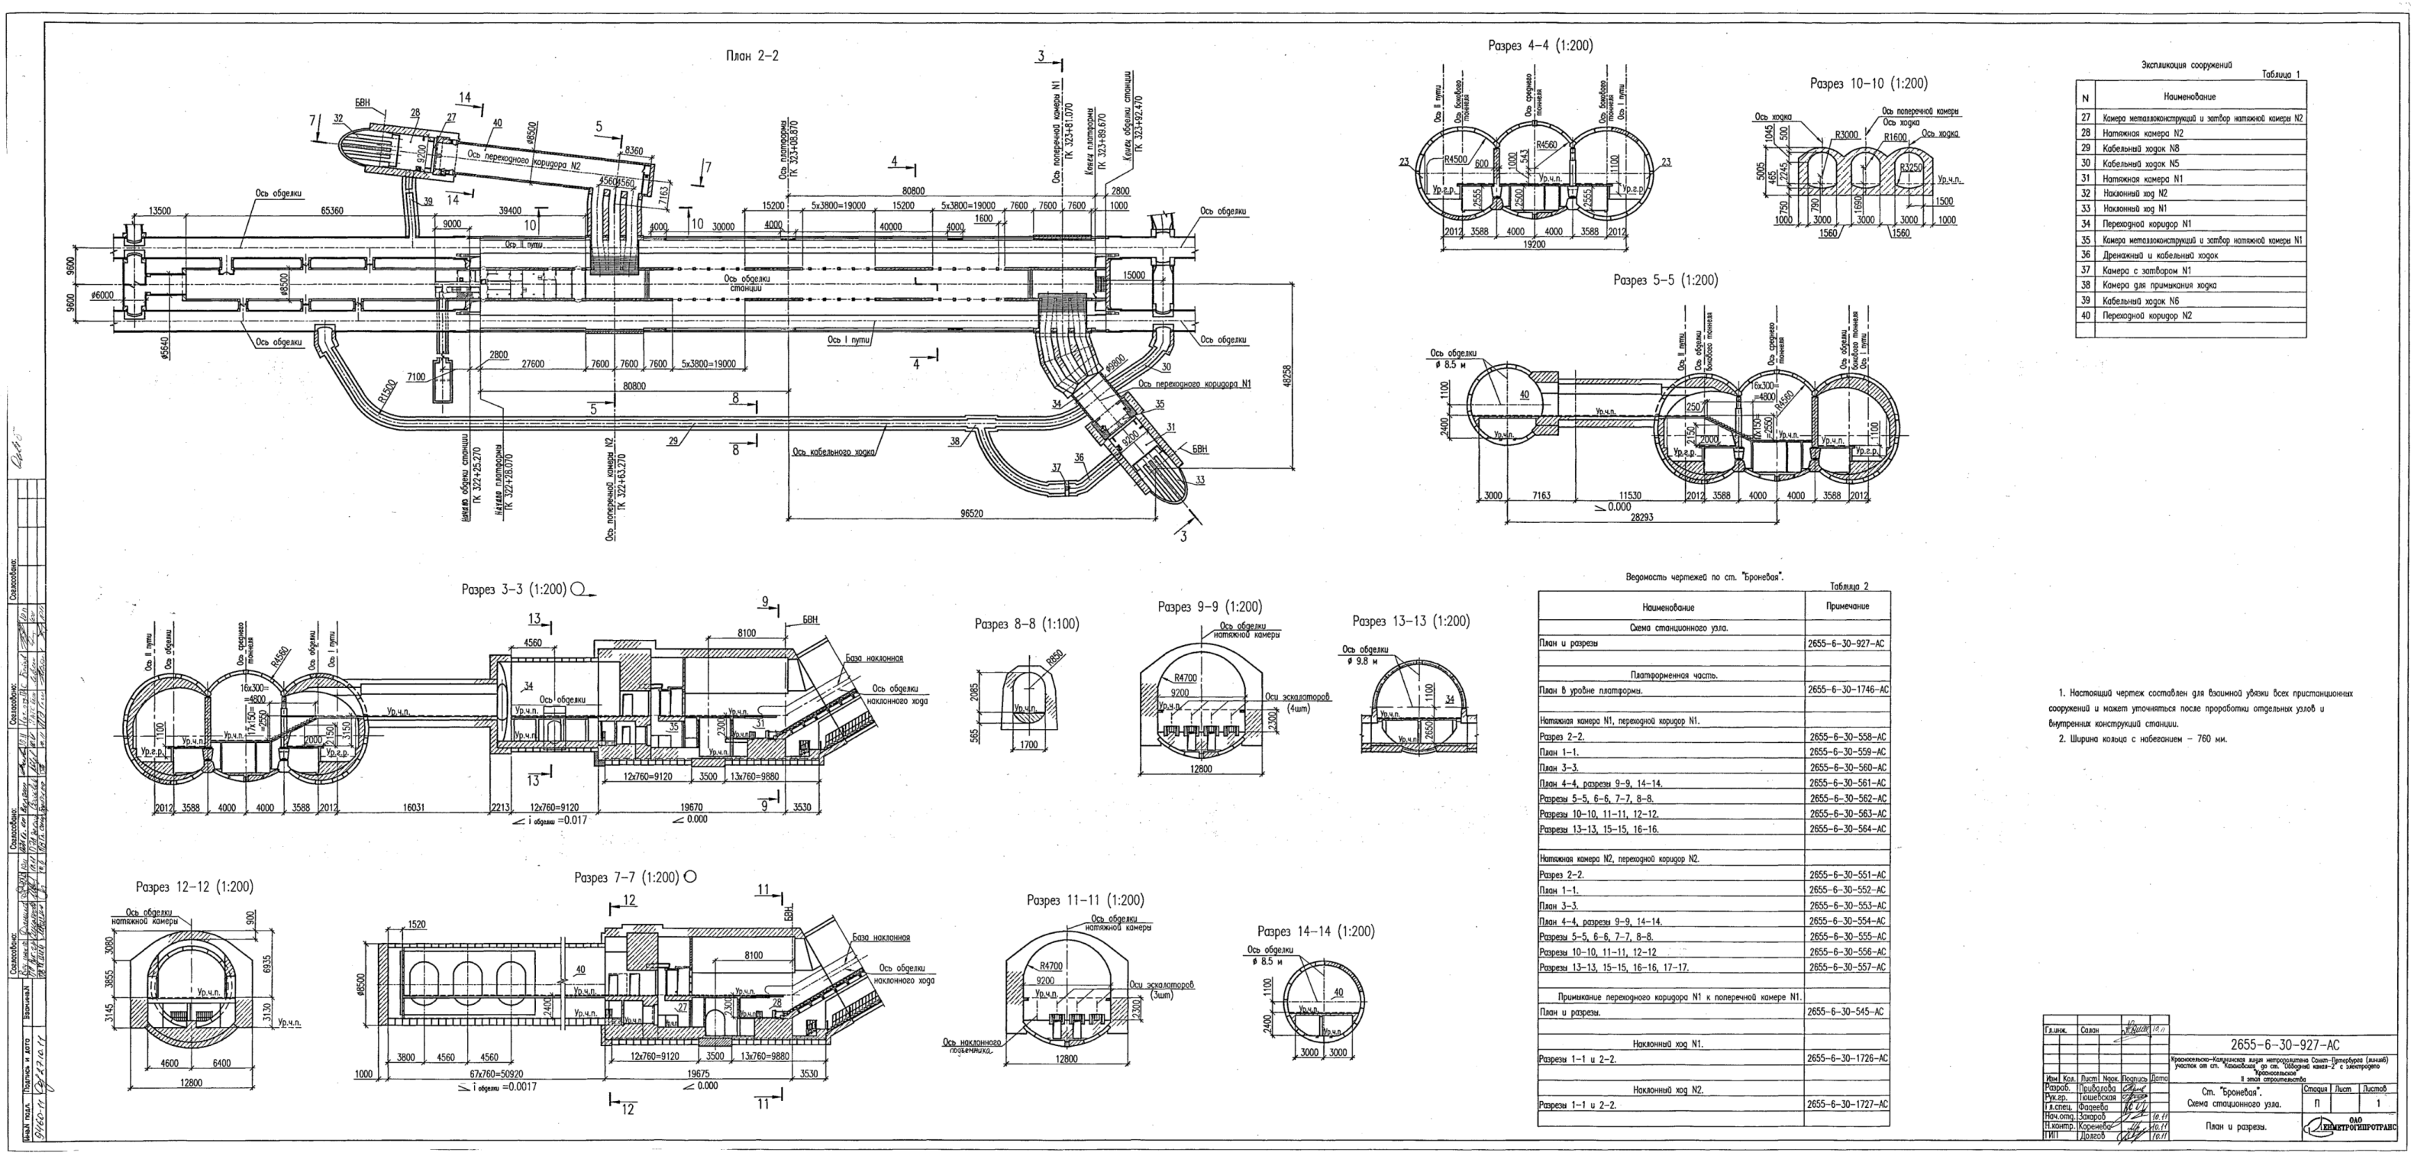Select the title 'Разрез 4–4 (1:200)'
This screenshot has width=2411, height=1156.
click(x=1540, y=46)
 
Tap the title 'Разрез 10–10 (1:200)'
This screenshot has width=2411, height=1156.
click(x=1868, y=83)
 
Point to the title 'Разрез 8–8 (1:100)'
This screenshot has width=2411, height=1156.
click(x=1026, y=625)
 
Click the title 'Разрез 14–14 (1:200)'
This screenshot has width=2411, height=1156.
click(x=1316, y=932)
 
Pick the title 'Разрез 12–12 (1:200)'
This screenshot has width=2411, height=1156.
click(x=195, y=886)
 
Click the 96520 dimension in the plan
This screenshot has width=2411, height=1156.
click(x=977, y=515)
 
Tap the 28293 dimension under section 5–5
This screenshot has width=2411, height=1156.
click(x=1641, y=517)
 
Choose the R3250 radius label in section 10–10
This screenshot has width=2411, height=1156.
click(x=1910, y=166)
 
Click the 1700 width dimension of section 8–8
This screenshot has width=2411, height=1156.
click(x=1028, y=746)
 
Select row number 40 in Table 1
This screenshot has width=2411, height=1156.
click(x=2085, y=315)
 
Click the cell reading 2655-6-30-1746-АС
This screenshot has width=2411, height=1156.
click(x=1848, y=689)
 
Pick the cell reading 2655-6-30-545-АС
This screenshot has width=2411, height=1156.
click(x=1848, y=1012)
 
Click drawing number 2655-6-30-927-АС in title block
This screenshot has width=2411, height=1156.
click(x=2284, y=1045)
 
